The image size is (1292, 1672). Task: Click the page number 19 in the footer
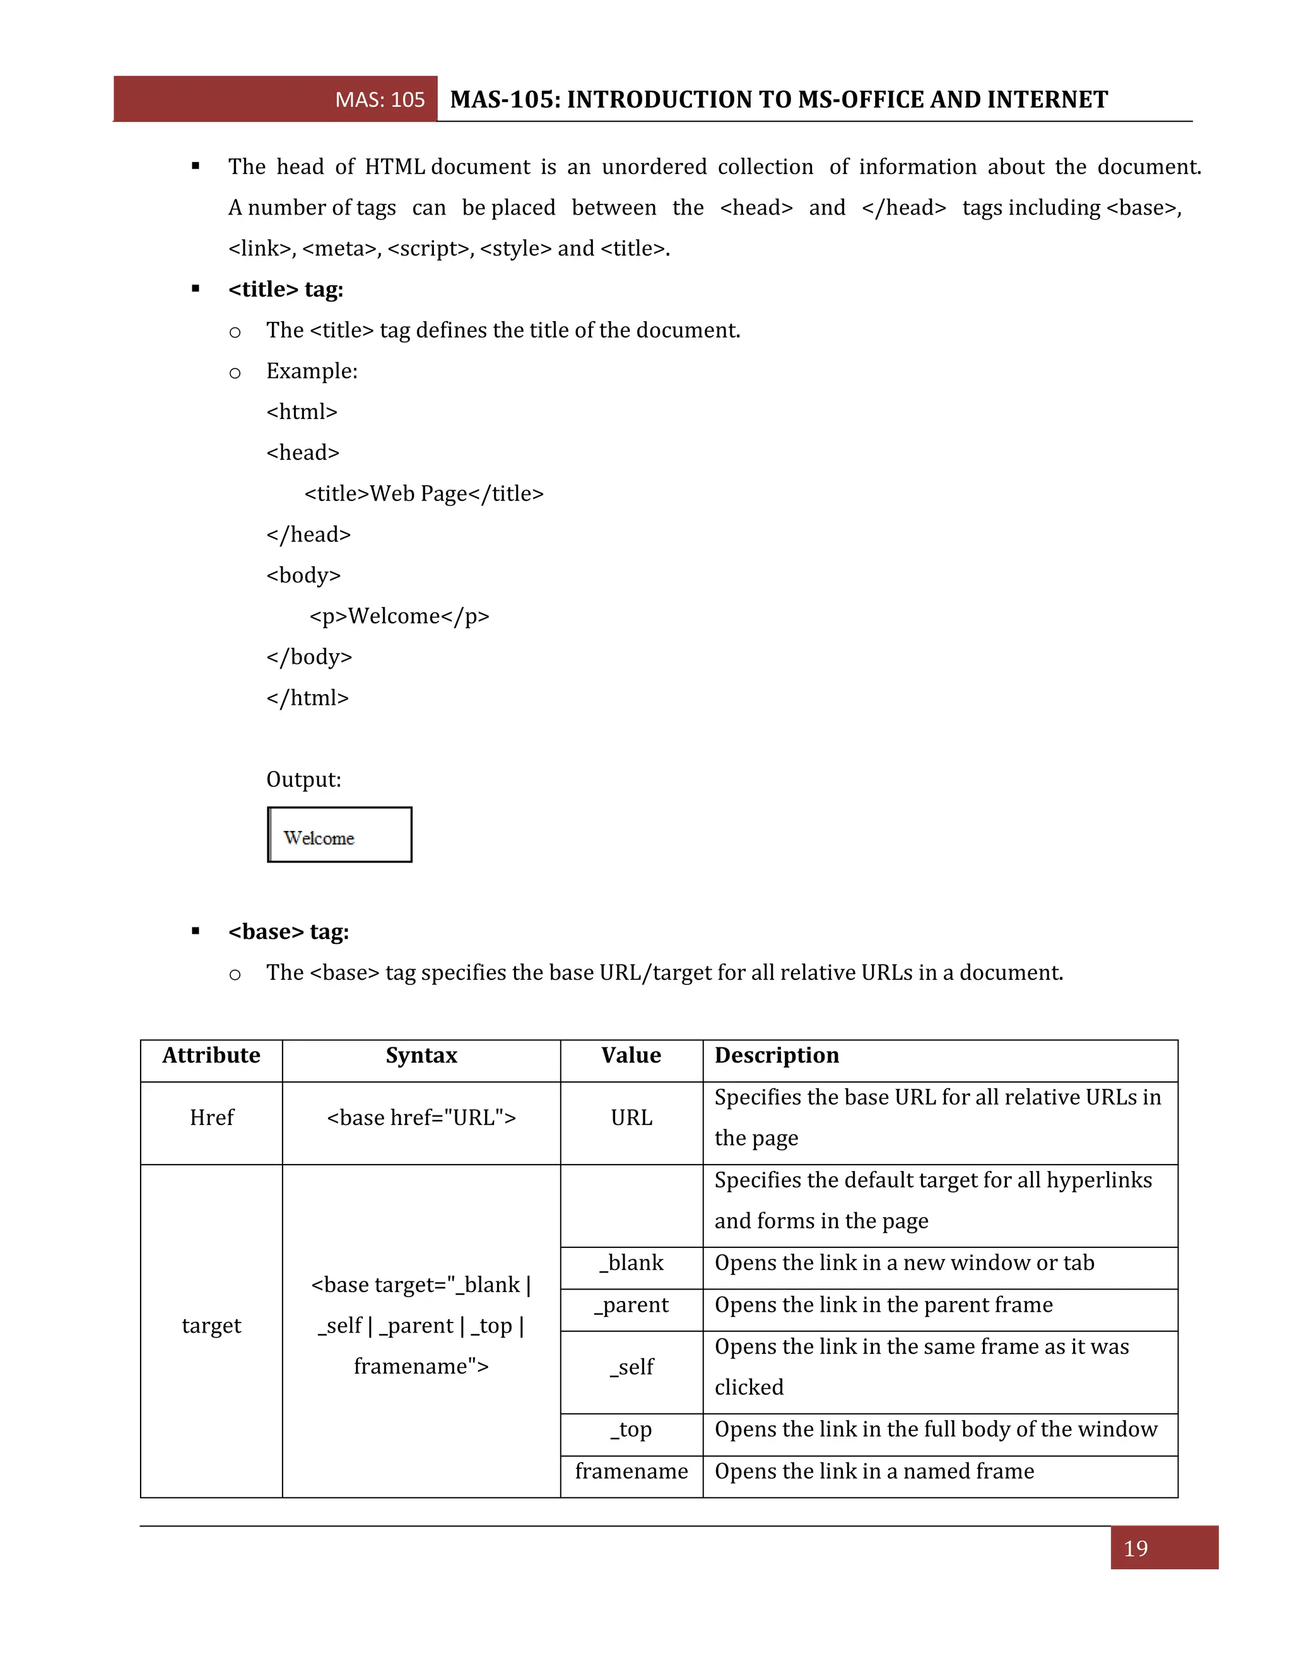coord(1135,1549)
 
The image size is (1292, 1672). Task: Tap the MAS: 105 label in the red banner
coord(380,100)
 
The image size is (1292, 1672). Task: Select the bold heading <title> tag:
coord(286,290)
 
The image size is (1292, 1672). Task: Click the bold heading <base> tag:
coord(288,932)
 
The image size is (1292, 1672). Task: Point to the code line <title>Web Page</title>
coord(424,494)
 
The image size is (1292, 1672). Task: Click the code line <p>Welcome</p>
coord(399,616)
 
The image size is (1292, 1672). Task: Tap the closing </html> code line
coord(308,698)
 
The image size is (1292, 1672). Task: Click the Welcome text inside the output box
coord(319,839)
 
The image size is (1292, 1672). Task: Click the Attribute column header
coord(211,1056)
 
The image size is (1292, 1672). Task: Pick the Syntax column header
coord(421,1056)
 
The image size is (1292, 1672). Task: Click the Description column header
coord(777,1056)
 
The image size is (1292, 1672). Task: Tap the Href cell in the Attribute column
coord(211,1118)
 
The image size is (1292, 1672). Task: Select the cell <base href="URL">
coord(421,1118)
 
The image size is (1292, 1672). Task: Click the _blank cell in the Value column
coord(631,1263)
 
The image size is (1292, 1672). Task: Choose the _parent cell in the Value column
coord(631,1305)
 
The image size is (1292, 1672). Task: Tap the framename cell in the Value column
coord(631,1471)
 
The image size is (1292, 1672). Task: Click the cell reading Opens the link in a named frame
coord(874,1471)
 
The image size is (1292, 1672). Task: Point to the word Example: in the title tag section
coord(312,371)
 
